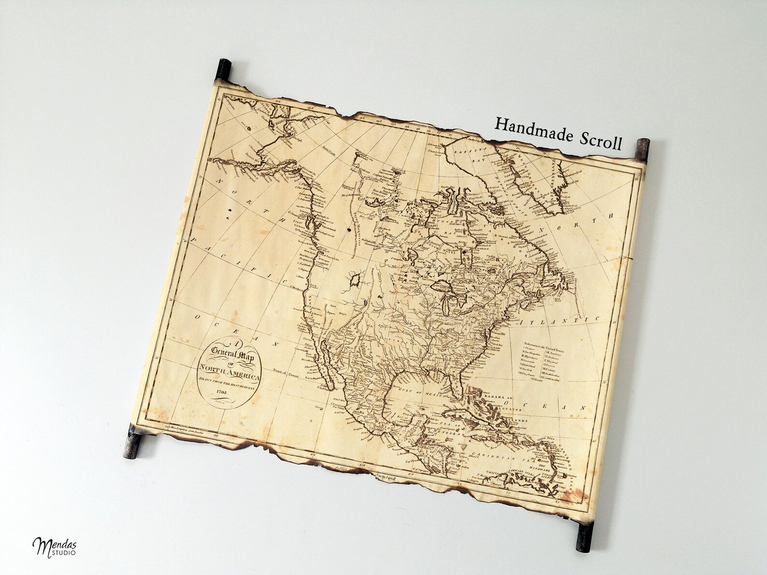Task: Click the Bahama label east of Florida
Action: click(x=486, y=396)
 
